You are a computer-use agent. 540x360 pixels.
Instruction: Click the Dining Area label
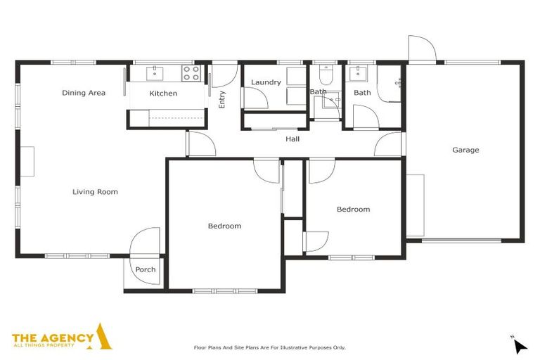tap(84, 93)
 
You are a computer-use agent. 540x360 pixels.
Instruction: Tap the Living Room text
tap(95, 192)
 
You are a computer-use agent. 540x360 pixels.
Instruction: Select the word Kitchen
tap(163, 94)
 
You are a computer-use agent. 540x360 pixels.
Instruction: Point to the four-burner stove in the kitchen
tap(191, 73)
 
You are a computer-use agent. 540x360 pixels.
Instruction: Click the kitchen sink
tap(155, 72)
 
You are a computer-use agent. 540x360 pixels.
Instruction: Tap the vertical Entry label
tap(222, 100)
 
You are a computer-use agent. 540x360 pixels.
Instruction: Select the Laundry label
tap(266, 82)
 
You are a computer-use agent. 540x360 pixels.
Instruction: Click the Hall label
tap(292, 139)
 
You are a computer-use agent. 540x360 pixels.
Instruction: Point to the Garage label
tap(465, 150)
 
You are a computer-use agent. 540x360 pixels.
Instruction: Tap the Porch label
tap(146, 270)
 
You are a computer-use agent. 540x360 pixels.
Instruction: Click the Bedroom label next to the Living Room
tap(224, 226)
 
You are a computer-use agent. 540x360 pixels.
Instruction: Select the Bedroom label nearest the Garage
tap(353, 210)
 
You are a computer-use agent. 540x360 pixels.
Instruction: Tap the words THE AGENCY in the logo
tap(53, 338)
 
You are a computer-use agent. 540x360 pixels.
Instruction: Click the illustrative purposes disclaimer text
tap(270, 347)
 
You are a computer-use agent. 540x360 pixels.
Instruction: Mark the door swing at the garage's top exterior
tap(422, 49)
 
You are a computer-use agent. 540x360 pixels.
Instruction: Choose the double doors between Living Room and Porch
tap(146, 241)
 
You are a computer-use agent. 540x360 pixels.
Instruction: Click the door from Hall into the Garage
tap(388, 145)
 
